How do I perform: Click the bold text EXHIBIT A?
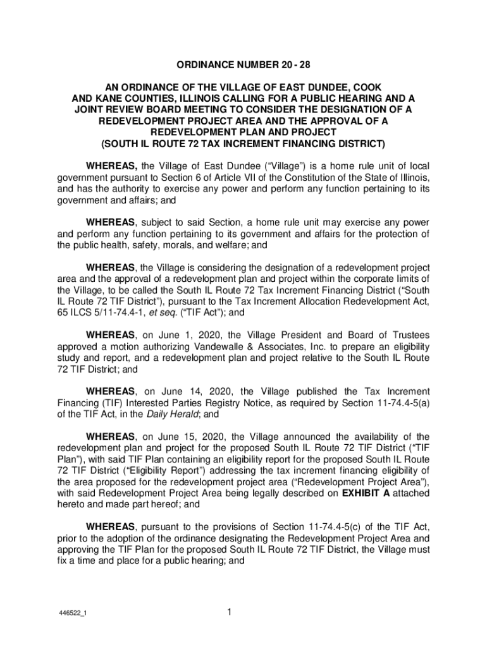[366, 493]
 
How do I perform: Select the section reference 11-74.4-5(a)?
[395, 403]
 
